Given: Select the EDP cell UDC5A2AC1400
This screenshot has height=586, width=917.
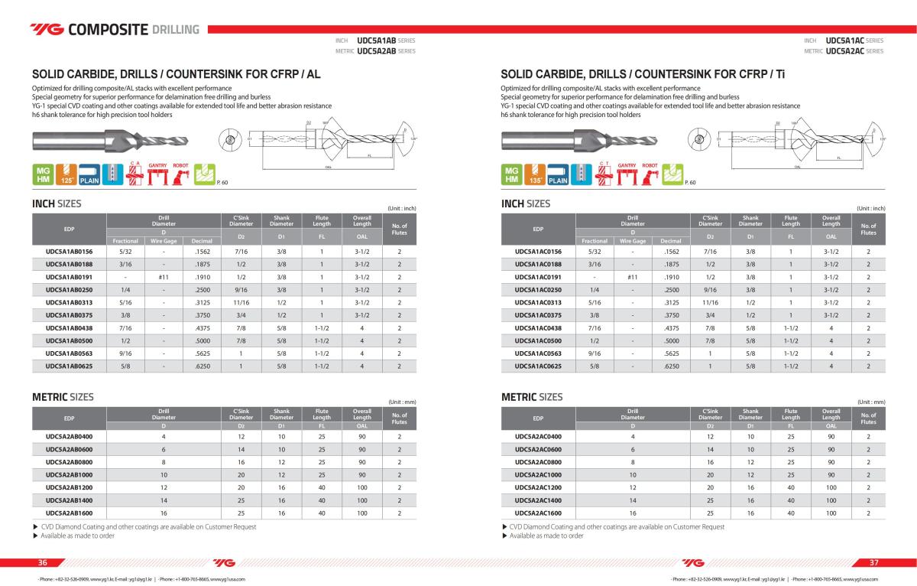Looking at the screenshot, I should click(538, 500).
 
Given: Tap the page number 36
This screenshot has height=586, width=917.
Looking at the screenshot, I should click(43, 562).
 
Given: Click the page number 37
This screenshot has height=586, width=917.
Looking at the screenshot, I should click(874, 562).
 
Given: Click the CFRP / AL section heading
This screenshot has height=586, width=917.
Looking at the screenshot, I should click(177, 75).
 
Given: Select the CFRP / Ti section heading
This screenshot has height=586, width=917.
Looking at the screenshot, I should click(643, 75).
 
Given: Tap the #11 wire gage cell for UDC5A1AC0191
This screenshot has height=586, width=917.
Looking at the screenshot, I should click(632, 277).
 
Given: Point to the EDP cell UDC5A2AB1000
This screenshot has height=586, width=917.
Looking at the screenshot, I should click(69, 474).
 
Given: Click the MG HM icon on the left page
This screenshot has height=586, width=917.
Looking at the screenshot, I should click(42, 174).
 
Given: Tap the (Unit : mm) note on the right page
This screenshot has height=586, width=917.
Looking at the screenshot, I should click(870, 402).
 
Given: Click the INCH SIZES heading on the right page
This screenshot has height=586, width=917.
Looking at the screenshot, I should click(525, 203).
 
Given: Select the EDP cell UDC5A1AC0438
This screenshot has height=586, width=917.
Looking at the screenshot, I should click(538, 328).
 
